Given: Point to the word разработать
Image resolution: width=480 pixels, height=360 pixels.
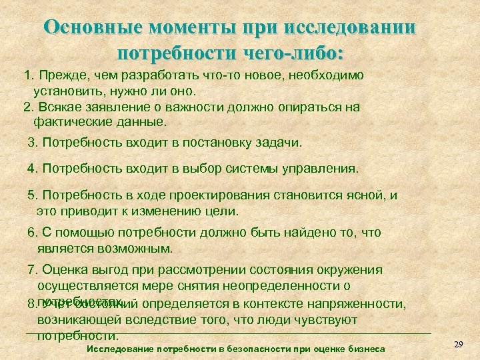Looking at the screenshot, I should coord(158,76).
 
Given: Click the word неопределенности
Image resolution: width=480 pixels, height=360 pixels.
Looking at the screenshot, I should coord(285,287).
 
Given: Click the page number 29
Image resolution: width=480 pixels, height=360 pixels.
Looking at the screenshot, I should coord(458,344).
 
